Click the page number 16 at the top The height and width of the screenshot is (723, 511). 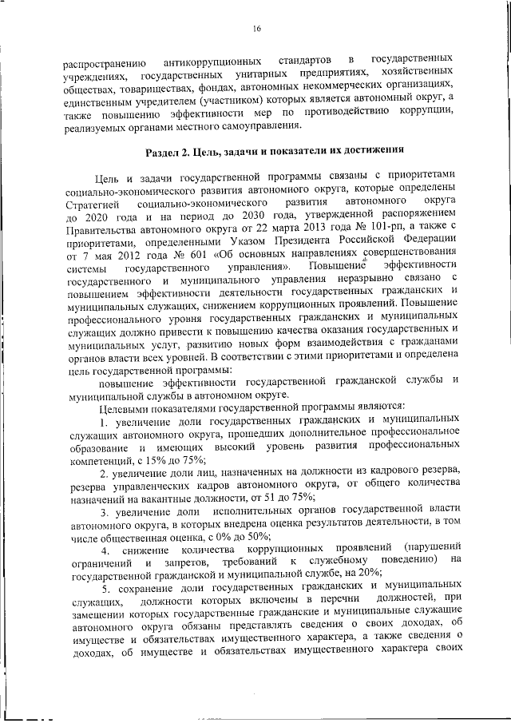coord(257,30)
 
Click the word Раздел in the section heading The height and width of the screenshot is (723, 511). coord(165,149)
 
